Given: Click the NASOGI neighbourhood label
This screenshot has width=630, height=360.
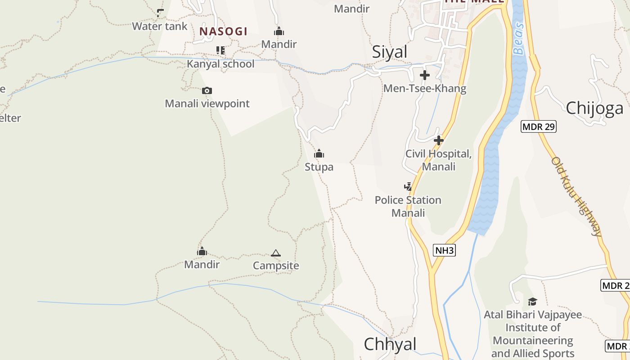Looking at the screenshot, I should pyautogui.click(x=223, y=31).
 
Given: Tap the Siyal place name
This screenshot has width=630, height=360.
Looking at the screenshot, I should pyautogui.click(x=389, y=52).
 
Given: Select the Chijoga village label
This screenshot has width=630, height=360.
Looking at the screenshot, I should pyautogui.click(x=594, y=108).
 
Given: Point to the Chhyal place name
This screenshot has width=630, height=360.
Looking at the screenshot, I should pyautogui.click(x=390, y=344).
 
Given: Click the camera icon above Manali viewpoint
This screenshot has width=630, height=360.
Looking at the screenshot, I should pyautogui.click(x=207, y=91).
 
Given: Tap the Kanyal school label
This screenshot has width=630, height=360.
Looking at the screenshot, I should pyautogui.click(x=220, y=64).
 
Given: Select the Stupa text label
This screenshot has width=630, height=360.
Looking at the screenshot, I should pyautogui.click(x=319, y=167).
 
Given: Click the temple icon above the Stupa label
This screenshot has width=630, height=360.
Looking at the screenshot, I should pyautogui.click(x=319, y=154).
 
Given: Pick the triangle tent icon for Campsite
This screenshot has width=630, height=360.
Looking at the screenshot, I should pyautogui.click(x=276, y=253).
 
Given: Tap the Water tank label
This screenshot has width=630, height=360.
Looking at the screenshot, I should pyautogui.click(x=159, y=26).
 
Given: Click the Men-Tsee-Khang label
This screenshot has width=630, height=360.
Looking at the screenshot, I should pyautogui.click(x=424, y=88).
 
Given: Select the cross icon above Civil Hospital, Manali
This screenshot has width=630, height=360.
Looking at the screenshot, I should pyautogui.click(x=438, y=140).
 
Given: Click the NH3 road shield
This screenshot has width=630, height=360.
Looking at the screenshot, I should pyautogui.click(x=445, y=250).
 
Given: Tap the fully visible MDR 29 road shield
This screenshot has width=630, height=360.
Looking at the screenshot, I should pyautogui.click(x=539, y=126).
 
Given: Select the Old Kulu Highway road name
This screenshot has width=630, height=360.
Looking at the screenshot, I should pyautogui.click(x=576, y=196).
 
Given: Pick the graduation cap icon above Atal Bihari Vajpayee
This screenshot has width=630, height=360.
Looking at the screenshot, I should pyautogui.click(x=532, y=301).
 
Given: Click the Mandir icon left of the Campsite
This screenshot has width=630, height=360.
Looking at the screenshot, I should pyautogui.click(x=202, y=252).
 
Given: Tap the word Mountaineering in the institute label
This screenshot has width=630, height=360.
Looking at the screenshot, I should pyautogui.click(x=533, y=340).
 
